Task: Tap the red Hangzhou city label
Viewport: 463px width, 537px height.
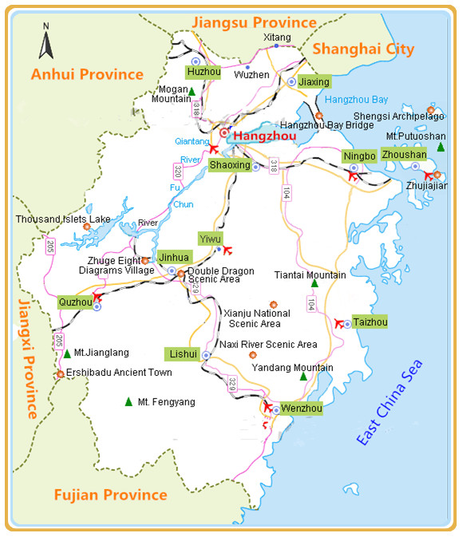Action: [x=263, y=136]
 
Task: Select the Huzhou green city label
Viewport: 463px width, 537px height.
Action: [x=202, y=72]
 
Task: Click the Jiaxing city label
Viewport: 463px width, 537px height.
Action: [x=314, y=81]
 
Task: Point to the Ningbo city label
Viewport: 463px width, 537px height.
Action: [x=358, y=155]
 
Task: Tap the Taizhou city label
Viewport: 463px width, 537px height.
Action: [x=370, y=322]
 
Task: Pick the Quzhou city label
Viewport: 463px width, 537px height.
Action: [x=75, y=302]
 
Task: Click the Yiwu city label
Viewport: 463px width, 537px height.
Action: [x=210, y=239]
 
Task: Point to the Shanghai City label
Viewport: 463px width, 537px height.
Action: [x=363, y=49]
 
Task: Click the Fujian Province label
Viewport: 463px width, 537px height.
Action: [x=111, y=495]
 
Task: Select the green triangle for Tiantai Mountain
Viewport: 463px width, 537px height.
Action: [x=314, y=283]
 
